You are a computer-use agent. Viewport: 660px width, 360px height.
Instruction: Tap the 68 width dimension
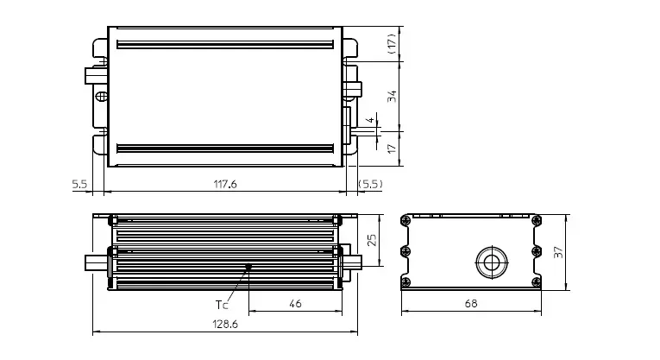click(471, 304)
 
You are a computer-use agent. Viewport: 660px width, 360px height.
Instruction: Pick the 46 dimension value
click(295, 304)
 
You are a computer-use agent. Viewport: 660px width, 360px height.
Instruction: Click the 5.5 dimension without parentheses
click(79, 184)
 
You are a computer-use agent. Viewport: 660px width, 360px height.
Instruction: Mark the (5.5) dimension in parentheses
click(370, 184)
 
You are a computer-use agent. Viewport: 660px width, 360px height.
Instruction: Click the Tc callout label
click(222, 304)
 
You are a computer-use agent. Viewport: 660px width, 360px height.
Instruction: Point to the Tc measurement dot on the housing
click(248, 267)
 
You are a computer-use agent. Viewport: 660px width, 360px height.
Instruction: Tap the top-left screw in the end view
click(405, 220)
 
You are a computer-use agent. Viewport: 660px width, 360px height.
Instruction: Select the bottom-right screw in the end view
click(537, 281)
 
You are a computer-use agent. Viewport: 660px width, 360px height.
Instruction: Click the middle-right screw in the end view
click(537, 251)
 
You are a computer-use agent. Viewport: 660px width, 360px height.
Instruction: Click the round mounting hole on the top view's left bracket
click(101, 96)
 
